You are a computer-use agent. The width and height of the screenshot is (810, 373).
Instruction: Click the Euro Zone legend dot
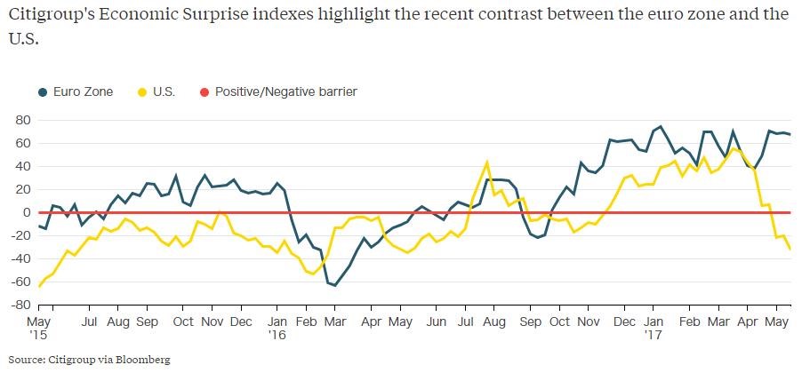click(x=43, y=91)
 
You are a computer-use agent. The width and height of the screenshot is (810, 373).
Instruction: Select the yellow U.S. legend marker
click(x=145, y=91)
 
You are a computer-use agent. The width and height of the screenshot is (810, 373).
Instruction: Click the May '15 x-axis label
click(x=37, y=327)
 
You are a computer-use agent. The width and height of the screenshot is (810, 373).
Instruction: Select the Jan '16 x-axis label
click(x=278, y=327)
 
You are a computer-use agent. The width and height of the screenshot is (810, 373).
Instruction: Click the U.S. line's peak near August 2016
click(x=487, y=163)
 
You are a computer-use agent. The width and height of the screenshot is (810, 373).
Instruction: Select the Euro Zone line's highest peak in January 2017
click(x=661, y=126)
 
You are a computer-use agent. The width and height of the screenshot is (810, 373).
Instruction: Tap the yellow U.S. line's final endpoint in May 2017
click(x=790, y=248)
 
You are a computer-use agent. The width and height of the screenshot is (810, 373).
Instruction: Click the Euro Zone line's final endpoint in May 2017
click(x=790, y=134)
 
